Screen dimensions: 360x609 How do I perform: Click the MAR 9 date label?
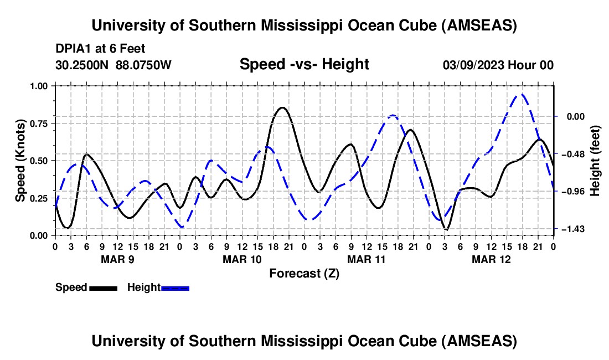[117, 259]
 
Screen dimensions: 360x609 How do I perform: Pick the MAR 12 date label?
[491, 259]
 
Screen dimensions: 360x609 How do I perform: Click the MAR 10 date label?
[241, 259]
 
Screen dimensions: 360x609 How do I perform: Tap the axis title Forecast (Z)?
[304, 273]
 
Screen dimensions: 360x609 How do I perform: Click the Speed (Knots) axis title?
[20, 161]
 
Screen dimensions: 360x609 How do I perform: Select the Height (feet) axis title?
[596, 161]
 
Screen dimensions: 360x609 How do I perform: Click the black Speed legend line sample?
[103, 288]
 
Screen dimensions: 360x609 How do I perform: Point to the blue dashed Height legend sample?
[175, 288]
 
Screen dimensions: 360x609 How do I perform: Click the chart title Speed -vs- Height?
[304, 64]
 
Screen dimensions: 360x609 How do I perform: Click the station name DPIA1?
[73, 49]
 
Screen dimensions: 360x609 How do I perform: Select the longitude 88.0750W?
[143, 65]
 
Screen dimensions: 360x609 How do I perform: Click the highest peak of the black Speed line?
[282, 107]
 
